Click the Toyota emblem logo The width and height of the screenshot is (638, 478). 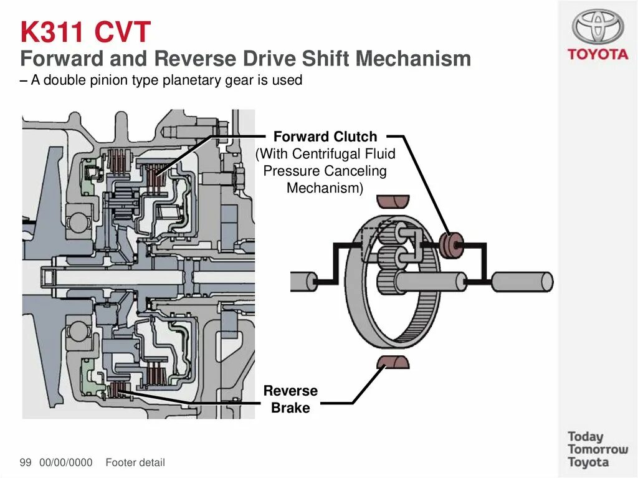click(x=598, y=26)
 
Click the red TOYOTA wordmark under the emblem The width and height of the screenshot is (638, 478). click(x=598, y=54)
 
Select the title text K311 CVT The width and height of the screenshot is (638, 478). click(x=86, y=31)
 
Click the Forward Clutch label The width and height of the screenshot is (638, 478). click(x=325, y=136)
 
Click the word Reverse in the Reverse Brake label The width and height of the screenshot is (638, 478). click(x=290, y=391)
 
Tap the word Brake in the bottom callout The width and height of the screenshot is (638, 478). click(x=290, y=408)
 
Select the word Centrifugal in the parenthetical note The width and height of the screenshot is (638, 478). click(x=325, y=153)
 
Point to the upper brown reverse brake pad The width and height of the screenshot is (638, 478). click(x=393, y=201)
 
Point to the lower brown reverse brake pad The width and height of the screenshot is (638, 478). click(x=393, y=361)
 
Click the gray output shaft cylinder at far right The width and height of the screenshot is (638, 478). click(x=522, y=282)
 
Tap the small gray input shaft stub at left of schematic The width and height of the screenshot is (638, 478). click(x=303, y=282)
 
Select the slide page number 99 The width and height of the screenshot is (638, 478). click(x=26, y=462)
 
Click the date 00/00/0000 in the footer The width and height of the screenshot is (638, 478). click(x=65, y=462)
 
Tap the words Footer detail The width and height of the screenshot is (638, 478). click(x=135, y=462)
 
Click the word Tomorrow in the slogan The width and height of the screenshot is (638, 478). click(x=598, y=449)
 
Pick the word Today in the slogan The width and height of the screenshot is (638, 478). click(x=586, y=436)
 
